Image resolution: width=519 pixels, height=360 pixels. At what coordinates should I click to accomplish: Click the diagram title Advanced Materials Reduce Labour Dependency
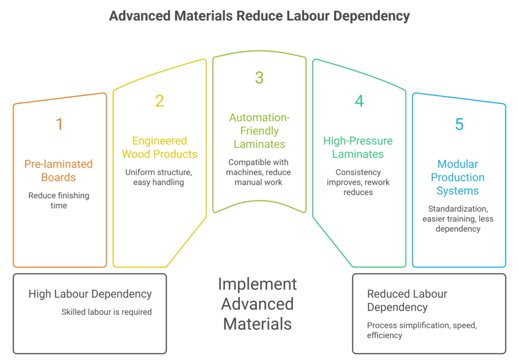259,16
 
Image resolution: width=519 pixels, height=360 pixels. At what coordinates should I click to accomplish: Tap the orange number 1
59,124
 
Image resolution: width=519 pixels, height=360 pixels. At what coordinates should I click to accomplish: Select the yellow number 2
159,101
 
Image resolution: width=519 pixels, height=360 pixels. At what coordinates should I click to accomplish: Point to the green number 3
259,78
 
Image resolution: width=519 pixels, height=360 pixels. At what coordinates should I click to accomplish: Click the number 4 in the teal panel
359,101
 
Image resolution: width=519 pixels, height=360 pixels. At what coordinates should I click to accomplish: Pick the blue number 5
459,124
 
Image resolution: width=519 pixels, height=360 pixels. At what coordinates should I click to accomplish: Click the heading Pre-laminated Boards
59,171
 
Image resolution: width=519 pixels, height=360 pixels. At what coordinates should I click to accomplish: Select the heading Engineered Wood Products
159,147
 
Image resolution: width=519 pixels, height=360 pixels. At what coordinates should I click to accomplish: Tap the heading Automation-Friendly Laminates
259,131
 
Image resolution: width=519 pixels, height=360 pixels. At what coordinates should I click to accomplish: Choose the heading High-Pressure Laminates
358,147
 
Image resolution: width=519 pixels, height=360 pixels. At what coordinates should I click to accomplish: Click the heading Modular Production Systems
458,177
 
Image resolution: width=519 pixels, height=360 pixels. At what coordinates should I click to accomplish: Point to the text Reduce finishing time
59,200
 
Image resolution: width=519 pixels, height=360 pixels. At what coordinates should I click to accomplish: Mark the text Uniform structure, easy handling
159,177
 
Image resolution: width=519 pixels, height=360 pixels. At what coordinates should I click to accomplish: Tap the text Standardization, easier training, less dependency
458,219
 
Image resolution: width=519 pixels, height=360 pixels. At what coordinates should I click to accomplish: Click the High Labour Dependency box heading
90,294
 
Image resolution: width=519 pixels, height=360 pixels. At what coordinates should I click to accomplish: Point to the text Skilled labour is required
106,312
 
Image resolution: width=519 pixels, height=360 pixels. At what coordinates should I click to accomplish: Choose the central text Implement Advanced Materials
257,303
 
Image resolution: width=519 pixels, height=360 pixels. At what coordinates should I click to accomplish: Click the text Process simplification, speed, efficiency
422,330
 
